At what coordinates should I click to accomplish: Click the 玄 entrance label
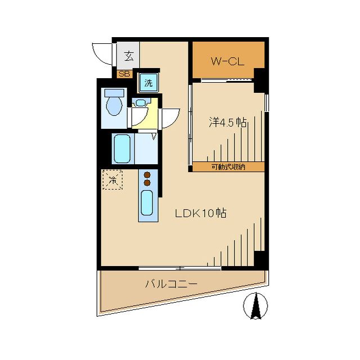(x=129, y=56)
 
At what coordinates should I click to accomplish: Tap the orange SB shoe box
(x=124, y=74)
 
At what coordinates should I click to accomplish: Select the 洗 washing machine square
(x=148, y=83)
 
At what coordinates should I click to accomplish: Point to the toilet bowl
(x=114, y=106)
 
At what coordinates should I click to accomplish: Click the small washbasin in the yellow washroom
(x=140, y=103)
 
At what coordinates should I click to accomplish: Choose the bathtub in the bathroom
(x=122, y=148)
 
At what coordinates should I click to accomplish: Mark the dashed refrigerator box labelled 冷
(x=112, y=180)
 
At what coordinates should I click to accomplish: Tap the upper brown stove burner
(x=147, y=174)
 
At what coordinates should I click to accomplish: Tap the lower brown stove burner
(x=147, y=183)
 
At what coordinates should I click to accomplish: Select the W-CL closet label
(x=227, y=61)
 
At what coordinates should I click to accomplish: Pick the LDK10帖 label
(x=201, y=214)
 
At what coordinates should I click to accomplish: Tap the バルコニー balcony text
(x=171, y=285)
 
